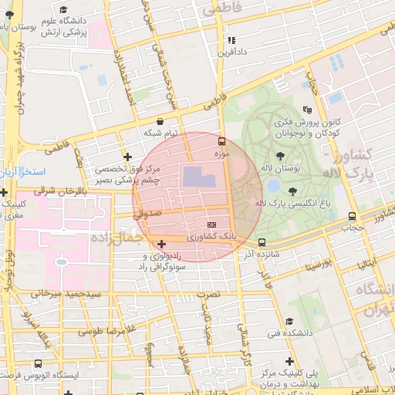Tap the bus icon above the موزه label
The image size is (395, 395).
[x=222, y=142]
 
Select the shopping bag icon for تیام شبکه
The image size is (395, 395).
[x=160, y=121]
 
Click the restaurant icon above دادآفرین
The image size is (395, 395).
[x=231, y=40]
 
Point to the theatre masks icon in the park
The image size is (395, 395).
[x=307, y=110]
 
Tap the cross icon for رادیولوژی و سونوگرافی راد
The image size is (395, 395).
[x=160, y=245]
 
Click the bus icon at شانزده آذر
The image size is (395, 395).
[x=262, y=242]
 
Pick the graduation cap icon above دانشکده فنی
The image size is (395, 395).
[x=289, y=322]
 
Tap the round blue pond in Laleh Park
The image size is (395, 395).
[x=273, y=186]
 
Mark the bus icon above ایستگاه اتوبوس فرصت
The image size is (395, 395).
[x=38, y=363]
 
